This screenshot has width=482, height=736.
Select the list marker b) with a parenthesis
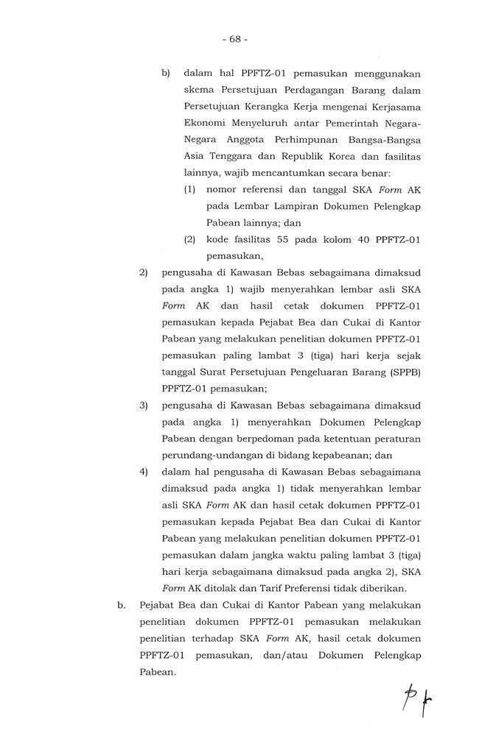click(166, 74)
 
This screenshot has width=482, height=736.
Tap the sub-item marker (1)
click(190, 189)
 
